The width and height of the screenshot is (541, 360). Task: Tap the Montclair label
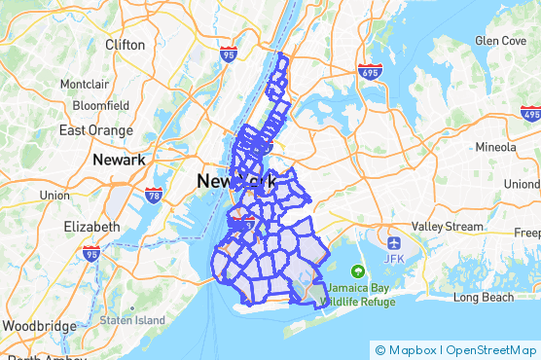click(x=85, y=85)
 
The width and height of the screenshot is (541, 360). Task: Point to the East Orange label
click(x=94, y=129)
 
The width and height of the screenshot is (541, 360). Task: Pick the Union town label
click(x=54, y=196)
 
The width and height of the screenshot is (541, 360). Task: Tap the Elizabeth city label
click(x=90, y=227)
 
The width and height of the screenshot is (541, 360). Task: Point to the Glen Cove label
click(x=500, y=41)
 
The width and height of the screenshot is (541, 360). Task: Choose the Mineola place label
click(x=495, y=147)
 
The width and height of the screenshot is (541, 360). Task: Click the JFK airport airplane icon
click(x=393, y=241)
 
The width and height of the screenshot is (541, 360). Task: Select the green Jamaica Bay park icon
click(x=358, y=270)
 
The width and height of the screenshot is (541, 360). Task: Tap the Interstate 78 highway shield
click(x=154, y=196)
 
